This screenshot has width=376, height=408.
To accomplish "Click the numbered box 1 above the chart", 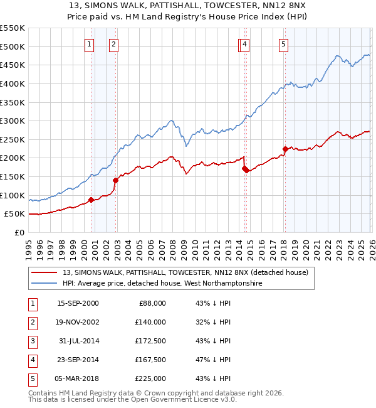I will [x=90, y=44].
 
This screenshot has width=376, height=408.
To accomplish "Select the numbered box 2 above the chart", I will [x=113, y=44].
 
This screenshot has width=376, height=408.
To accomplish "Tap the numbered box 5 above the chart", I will [x=284, y=44].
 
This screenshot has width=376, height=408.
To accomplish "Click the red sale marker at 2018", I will [x=285, y=149].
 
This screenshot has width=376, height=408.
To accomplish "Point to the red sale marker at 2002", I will [x=115, y=180].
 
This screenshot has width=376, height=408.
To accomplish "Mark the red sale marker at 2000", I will [x=91, y=200].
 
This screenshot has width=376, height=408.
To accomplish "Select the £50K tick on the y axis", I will [x=14, y=214].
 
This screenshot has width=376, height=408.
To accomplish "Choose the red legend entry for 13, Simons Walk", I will [x=185, y=273].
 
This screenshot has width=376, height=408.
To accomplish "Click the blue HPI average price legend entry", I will [x=162, y=284].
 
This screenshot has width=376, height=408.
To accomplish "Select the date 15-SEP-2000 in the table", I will [x=78, y=303].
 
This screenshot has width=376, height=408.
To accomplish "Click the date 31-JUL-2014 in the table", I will [x=78, y=341].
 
